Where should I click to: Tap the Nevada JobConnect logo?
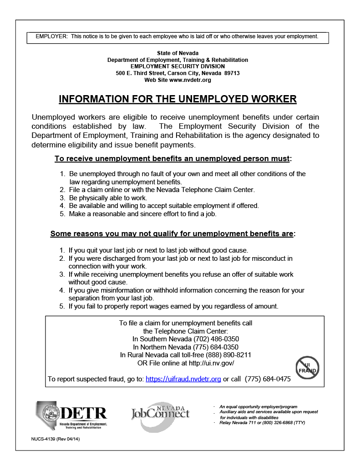(160, 414)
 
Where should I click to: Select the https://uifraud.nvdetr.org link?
(183, 379)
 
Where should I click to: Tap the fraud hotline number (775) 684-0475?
(268, 379)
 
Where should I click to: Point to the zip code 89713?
(231, 73)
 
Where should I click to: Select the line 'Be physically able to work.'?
(108, 198)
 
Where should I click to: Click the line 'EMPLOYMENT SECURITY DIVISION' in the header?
(177, 66)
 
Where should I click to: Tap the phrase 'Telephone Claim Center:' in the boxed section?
(185, 331)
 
